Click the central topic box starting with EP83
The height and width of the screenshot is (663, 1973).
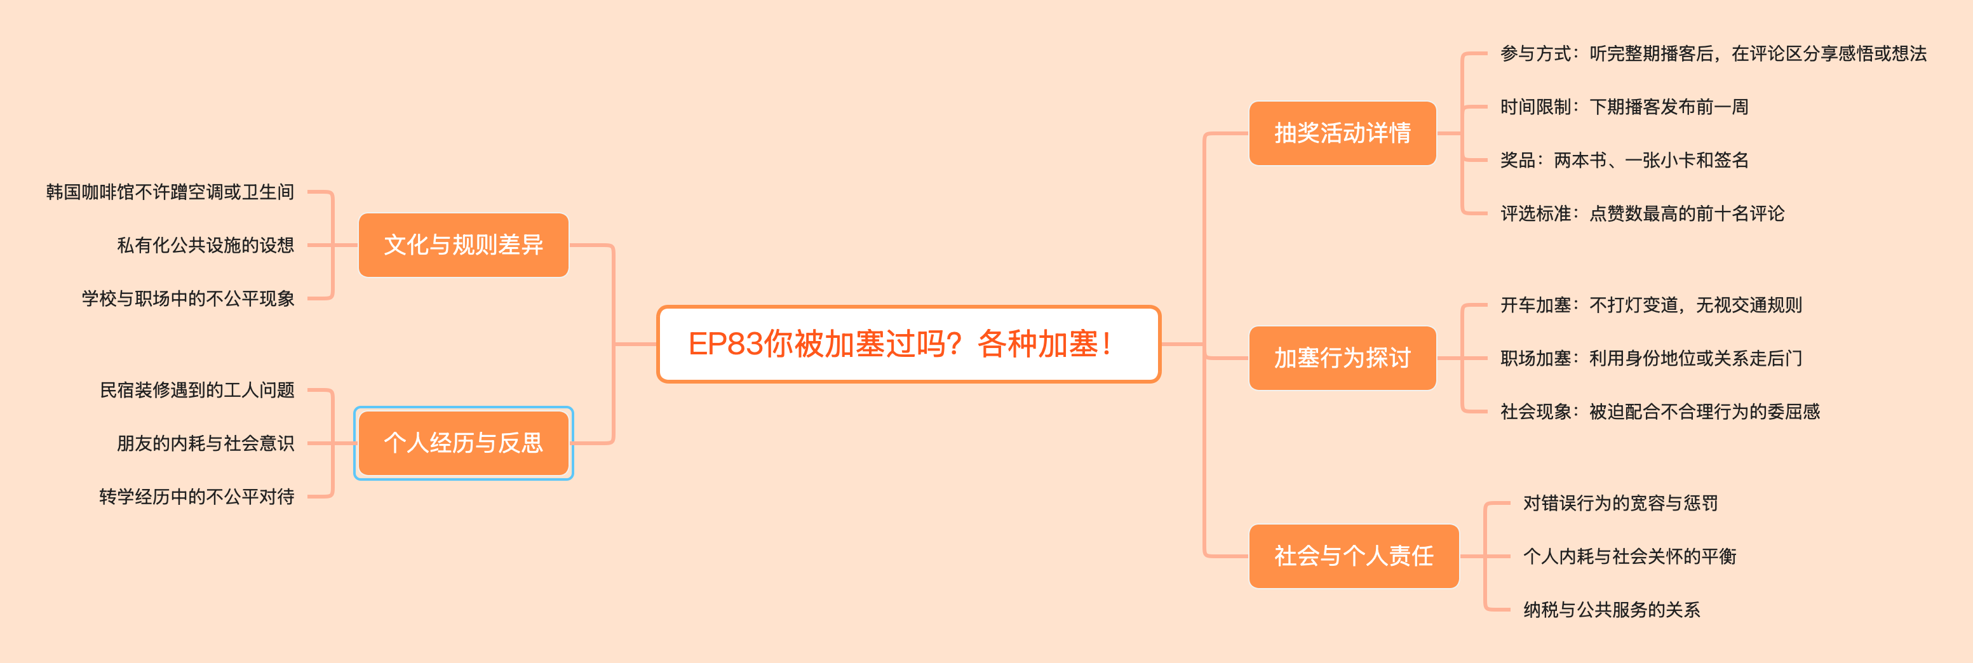point(908,344)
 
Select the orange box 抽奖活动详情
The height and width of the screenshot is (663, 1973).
point(1342,133)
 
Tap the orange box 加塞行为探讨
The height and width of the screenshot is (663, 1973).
point(1342,358)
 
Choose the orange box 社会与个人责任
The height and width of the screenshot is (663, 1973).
point(1354,556)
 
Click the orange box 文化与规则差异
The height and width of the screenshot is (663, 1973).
point(463,245)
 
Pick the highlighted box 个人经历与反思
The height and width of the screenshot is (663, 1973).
point(463,443)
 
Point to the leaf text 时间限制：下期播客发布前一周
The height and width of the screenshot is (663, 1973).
point(1624,107)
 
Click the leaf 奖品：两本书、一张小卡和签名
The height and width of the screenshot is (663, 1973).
point(1624,160)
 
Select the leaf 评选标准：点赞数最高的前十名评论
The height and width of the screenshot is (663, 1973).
point(1641,213)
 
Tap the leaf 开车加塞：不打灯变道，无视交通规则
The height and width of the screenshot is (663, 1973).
point(1650,305)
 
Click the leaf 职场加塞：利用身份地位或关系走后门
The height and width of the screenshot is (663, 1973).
point(1650,358)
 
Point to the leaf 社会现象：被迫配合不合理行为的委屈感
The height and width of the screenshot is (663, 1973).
point(1660,412)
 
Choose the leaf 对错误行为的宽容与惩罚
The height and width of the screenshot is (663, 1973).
point(1620,503)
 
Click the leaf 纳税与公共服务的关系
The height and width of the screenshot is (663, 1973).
point(1612,610)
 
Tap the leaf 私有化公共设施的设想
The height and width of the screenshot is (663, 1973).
point(205,245)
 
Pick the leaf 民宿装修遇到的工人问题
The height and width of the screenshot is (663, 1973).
point(197,391)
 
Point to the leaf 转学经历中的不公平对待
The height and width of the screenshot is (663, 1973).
point(196,497)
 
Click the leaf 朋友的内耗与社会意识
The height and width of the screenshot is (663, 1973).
point(205,443)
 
